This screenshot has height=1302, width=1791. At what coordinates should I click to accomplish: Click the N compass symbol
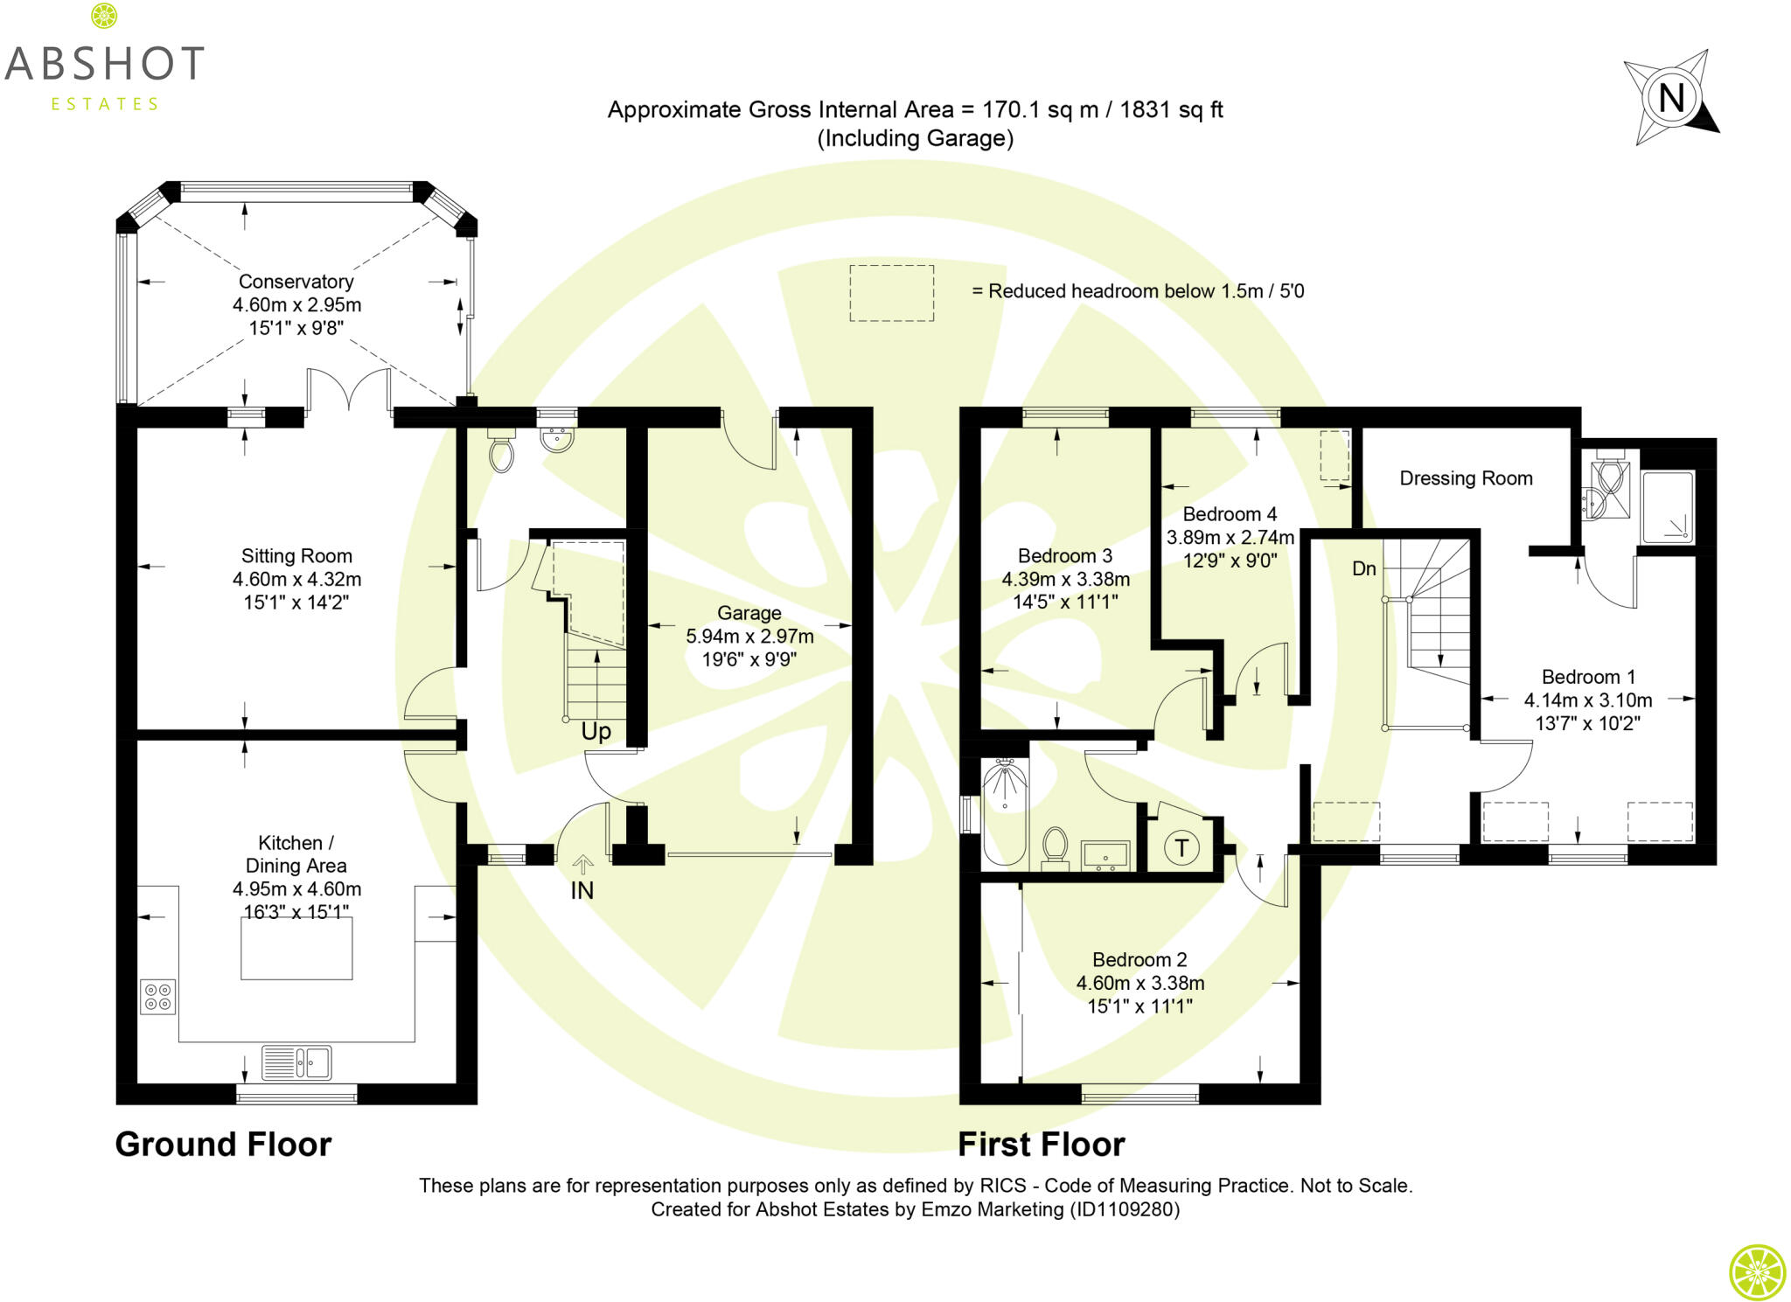[1670, 97]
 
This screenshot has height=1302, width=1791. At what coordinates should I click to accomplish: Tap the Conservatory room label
[296, 282]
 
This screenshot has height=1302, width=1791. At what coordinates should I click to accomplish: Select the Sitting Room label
[296, 556]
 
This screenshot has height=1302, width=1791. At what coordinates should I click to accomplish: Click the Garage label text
[749, 614]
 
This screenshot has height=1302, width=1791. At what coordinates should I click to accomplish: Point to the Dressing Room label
[1466, 478]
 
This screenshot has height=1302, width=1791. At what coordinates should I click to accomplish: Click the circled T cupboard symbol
[1181, 847]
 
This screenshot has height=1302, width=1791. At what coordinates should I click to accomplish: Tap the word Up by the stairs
[596, 732]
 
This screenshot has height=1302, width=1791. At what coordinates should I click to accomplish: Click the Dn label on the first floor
[1363, 569]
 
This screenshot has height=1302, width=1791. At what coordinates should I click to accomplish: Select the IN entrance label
[582, 890]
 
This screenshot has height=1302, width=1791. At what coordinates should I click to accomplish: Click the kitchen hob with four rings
[158, 997]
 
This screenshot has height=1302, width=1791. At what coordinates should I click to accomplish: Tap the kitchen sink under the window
[296, 1063]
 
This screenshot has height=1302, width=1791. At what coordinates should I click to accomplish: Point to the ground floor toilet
[501, 453]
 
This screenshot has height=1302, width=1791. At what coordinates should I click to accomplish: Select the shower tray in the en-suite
[1667, 507]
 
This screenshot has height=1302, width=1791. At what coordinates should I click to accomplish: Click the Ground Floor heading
[223, 1145]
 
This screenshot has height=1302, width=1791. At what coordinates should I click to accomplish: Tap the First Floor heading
[1041, 1145]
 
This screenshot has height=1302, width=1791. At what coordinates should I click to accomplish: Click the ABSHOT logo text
[105, 65]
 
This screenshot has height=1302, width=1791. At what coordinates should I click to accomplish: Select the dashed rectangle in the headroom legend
[891, 293]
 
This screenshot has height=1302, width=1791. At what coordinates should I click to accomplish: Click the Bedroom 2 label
[1139, 960]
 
